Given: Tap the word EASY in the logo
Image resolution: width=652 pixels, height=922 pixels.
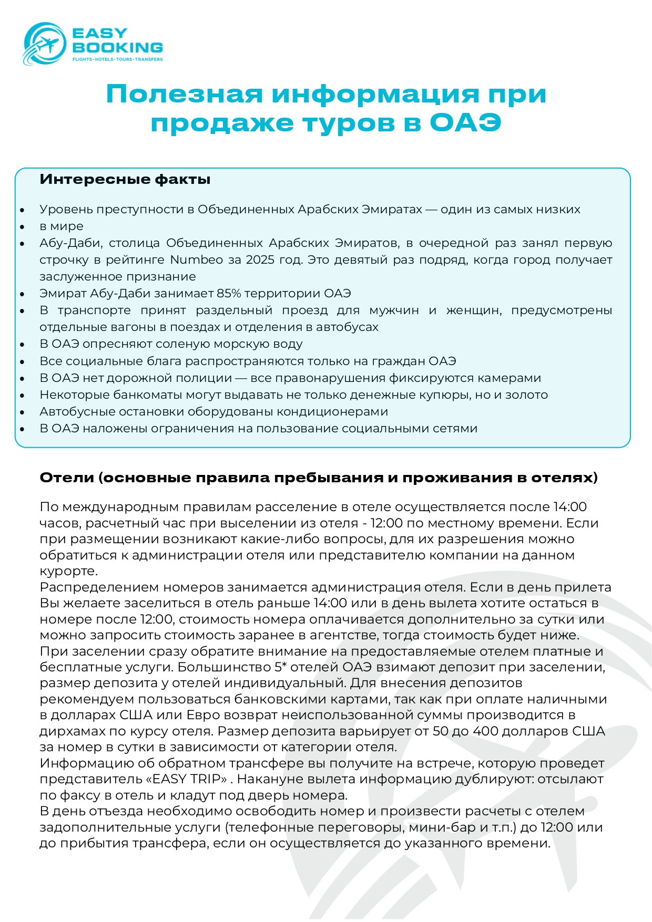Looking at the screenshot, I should (99, 34).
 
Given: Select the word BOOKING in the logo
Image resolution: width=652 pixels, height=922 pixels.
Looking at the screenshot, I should (117, 47).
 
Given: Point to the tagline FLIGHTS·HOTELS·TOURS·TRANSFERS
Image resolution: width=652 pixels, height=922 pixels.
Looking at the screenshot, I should (117, 59).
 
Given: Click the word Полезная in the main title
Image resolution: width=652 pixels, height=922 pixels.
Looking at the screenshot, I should (184, 94).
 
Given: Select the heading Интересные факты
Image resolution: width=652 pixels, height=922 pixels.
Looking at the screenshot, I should (125, 179).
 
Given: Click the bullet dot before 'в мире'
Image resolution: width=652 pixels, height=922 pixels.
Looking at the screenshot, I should (22, 227).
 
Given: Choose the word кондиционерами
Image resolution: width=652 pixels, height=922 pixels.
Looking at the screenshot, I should (332, 411).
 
